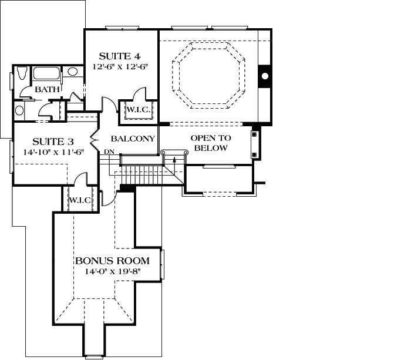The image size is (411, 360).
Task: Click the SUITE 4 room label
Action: point(119,56)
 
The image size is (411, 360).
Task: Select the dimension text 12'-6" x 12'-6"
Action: point(119,67)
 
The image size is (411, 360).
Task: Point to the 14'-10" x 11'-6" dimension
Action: point(53,152)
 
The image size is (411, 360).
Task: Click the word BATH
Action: point(46,90)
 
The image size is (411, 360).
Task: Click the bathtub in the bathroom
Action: point(46,74)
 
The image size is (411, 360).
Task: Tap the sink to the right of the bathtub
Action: point(72,72)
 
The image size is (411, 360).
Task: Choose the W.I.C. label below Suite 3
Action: point(79,200)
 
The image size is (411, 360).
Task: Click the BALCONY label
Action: point(133,139)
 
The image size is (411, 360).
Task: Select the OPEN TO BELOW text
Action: point(211,143)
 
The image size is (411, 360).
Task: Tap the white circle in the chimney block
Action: point(265,76)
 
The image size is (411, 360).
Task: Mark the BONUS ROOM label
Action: point(112,261)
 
